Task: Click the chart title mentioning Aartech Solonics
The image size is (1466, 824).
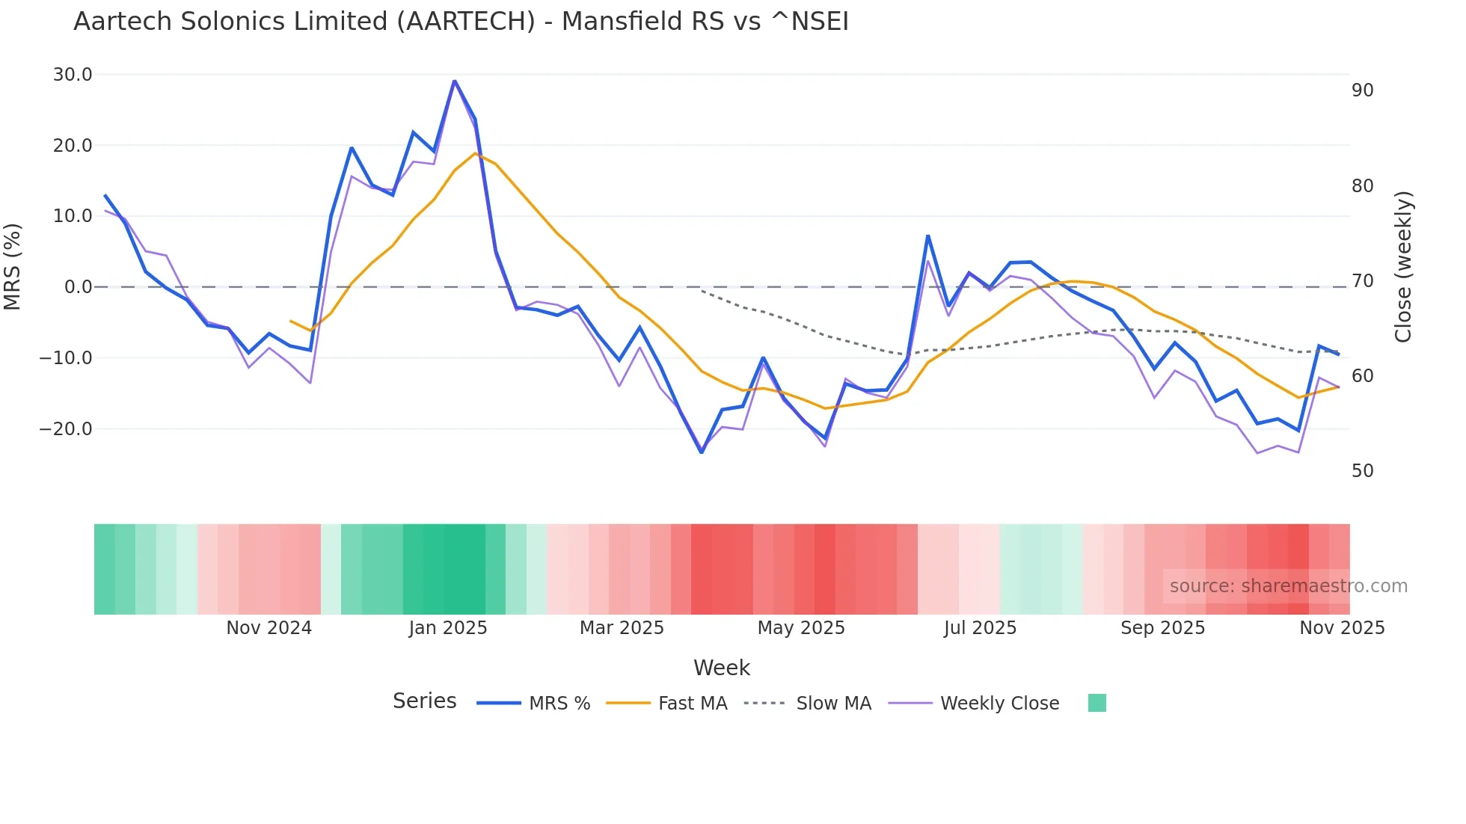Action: point(461,22)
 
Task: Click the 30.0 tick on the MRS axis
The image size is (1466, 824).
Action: point(73,75)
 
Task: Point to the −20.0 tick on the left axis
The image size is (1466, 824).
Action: point(66,429)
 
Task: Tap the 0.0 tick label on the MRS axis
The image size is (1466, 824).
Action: point(78,287)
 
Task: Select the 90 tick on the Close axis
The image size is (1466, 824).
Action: point(1362,90)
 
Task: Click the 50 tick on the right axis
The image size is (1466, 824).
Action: point(1362,471)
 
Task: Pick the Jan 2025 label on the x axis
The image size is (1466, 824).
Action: point(448,628)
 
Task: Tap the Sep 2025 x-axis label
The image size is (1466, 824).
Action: point(1162,628)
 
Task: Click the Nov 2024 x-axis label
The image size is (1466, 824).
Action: point(269,628)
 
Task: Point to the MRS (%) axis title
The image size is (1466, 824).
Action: point(13,266)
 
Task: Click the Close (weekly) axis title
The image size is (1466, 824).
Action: point(1403,267)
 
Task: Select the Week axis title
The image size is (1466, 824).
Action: point(721,668)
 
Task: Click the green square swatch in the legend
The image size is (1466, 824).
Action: point(1097,703)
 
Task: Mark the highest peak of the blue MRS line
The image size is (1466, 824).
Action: point(454,81)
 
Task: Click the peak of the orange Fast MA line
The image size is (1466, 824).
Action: point(475,153)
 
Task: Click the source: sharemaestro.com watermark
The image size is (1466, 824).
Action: point(1288,586)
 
